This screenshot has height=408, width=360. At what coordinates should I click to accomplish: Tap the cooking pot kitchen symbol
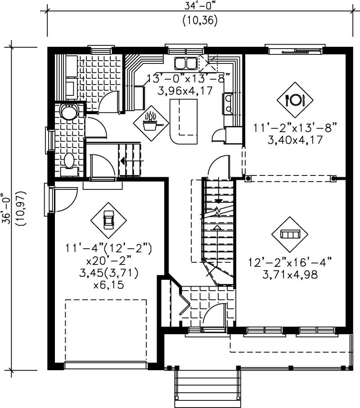(x=151, y=121)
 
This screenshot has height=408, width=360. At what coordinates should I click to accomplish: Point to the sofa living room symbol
(x=289, y=234)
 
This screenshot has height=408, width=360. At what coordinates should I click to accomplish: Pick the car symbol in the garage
(x=108, y=220)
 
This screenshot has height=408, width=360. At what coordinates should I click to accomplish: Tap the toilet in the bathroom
(x=69, y=161)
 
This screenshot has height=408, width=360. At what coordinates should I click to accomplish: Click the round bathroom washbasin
(x=69, y=112)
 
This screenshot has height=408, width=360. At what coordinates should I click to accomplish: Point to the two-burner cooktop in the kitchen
(x=227, y=103)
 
